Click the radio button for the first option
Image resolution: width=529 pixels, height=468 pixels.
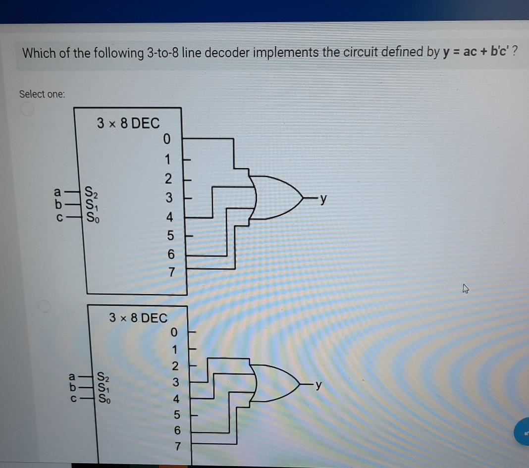27,110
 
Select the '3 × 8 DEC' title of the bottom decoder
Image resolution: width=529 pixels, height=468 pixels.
138,317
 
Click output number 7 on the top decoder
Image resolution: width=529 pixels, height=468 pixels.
171,272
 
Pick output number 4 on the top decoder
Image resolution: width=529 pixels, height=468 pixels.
169,217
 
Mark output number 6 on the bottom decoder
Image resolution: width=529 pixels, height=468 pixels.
177,430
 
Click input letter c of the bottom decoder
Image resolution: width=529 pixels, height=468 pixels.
73,397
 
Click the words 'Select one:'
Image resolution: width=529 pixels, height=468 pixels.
42,94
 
